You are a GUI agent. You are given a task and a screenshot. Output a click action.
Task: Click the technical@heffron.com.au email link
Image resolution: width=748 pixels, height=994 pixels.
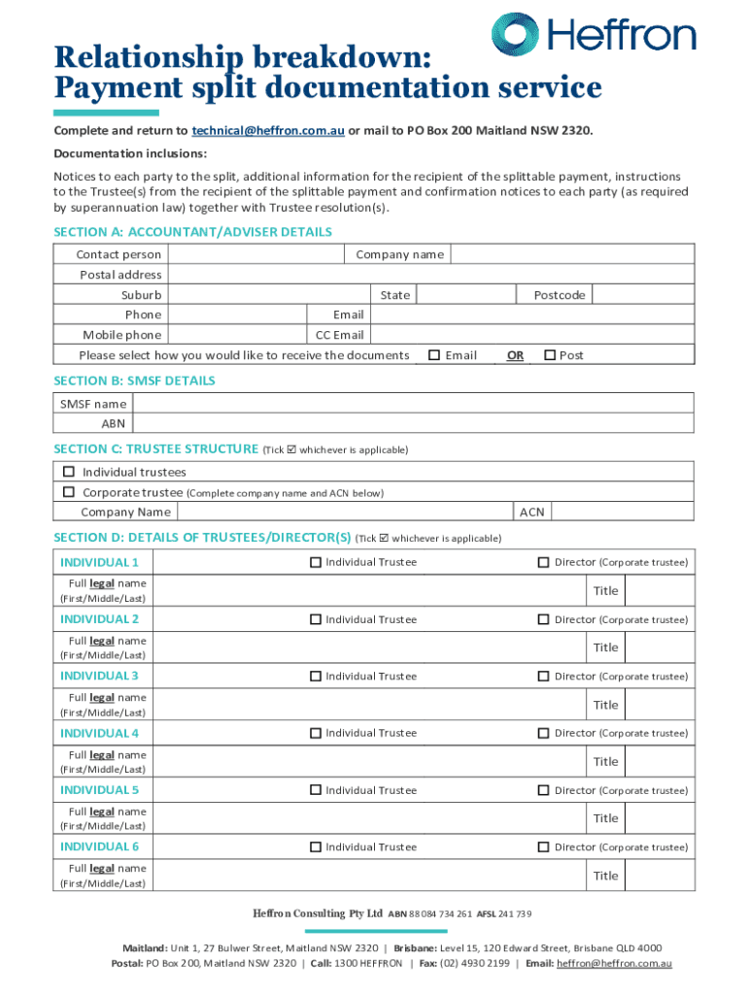[268, 130]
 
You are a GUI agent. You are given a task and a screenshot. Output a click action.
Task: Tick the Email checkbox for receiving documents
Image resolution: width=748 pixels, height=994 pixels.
[434, 355]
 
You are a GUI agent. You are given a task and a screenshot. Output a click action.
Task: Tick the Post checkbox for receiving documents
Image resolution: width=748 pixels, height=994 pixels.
[550, 355]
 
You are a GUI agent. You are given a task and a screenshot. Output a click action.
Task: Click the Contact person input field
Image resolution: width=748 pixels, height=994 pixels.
[255, 254]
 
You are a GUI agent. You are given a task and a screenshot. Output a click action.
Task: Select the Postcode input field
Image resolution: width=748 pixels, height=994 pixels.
[642, 294]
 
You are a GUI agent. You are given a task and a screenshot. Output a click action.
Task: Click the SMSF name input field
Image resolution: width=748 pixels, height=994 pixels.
[413, 403]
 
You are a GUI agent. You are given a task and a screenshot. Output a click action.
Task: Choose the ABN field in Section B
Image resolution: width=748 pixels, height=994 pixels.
[413, 423]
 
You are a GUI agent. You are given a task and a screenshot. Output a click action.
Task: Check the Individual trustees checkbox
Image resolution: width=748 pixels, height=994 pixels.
[69, 472]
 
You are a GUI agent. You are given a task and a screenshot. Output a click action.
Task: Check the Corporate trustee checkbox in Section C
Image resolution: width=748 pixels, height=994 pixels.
[69, 492]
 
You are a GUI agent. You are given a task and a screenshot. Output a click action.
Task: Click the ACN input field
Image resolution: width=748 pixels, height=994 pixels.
[622, 512]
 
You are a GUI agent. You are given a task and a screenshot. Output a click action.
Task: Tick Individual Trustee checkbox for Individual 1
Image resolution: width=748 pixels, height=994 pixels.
[315, 562]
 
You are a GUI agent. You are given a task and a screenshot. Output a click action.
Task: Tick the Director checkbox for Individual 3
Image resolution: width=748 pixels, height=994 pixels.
[544, 677]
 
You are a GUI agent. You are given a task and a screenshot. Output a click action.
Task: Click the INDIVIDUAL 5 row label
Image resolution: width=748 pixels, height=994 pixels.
[99, 790]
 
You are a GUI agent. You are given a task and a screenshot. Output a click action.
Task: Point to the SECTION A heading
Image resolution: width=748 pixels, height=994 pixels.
[192, 232]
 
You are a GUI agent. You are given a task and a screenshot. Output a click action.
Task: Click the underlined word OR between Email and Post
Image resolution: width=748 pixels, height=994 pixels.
[515, 355]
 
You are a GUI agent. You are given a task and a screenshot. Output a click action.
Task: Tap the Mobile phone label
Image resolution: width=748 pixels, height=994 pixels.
[122, 335]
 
